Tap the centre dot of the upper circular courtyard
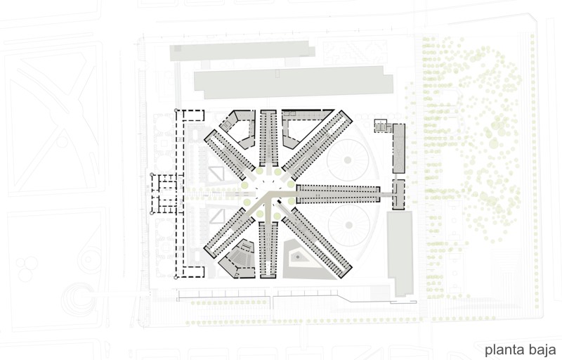coord(347,160)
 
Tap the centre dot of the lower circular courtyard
coord(348,225)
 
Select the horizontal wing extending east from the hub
coord(338,194)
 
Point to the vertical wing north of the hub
coord(268,138)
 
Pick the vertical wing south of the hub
coord(268,250)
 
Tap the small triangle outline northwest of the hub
coord(217,174)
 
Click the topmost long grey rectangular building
coord(242,51)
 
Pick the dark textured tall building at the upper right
coord(399,148)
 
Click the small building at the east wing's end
coord(398,194)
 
